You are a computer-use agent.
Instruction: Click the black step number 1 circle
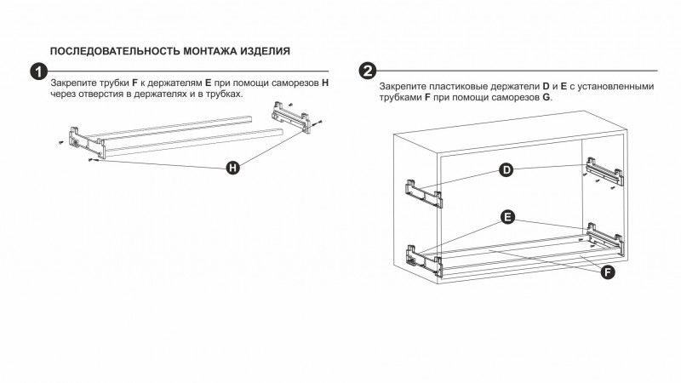click(x=39, y=71)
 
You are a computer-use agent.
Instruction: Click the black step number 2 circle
click(x=368, y=71)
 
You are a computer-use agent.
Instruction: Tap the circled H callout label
click(x=233, y=168)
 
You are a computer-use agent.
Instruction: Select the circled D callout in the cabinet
click(x=506, y=169)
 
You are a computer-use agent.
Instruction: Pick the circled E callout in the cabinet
click(x=507, y=217)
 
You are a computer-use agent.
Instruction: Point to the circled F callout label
click(x=608, y=272)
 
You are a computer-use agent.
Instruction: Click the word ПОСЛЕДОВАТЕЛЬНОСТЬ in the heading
click(x=115, y=51)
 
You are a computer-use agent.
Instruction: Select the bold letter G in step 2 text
click(x=546, y=97)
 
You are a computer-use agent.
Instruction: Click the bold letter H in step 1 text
click(x=325, y=83)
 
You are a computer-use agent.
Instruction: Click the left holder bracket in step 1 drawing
click(x=88, y=142)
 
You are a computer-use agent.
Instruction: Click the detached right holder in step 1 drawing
click(x=291, y=117)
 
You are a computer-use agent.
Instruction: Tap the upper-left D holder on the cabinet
click(x=423, y=193)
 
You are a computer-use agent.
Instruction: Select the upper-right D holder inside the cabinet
click(x=604, y=172)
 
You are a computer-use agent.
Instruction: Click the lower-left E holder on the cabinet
click(x=424, y=260)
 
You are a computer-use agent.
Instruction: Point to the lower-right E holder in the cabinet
click(x=605, y=238)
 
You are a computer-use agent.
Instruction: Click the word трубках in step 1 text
click(x=223, y=94)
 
